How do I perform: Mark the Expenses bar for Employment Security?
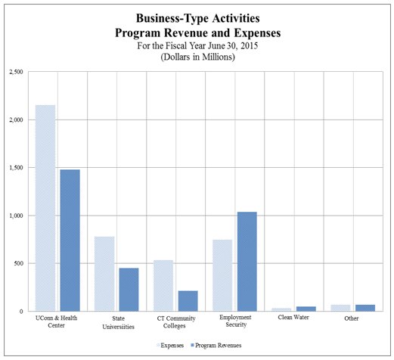coord(222,275)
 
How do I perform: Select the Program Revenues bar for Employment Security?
coord(247,262)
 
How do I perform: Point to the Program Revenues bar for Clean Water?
coord(306,309)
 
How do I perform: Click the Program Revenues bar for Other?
coord(365,308)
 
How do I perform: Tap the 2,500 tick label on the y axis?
coord(17,72)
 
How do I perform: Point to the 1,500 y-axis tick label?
coord(17,168)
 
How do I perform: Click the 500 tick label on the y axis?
coord(20,264)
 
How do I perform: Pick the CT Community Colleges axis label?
coord(175,321)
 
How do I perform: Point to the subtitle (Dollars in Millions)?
coord(197,57)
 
